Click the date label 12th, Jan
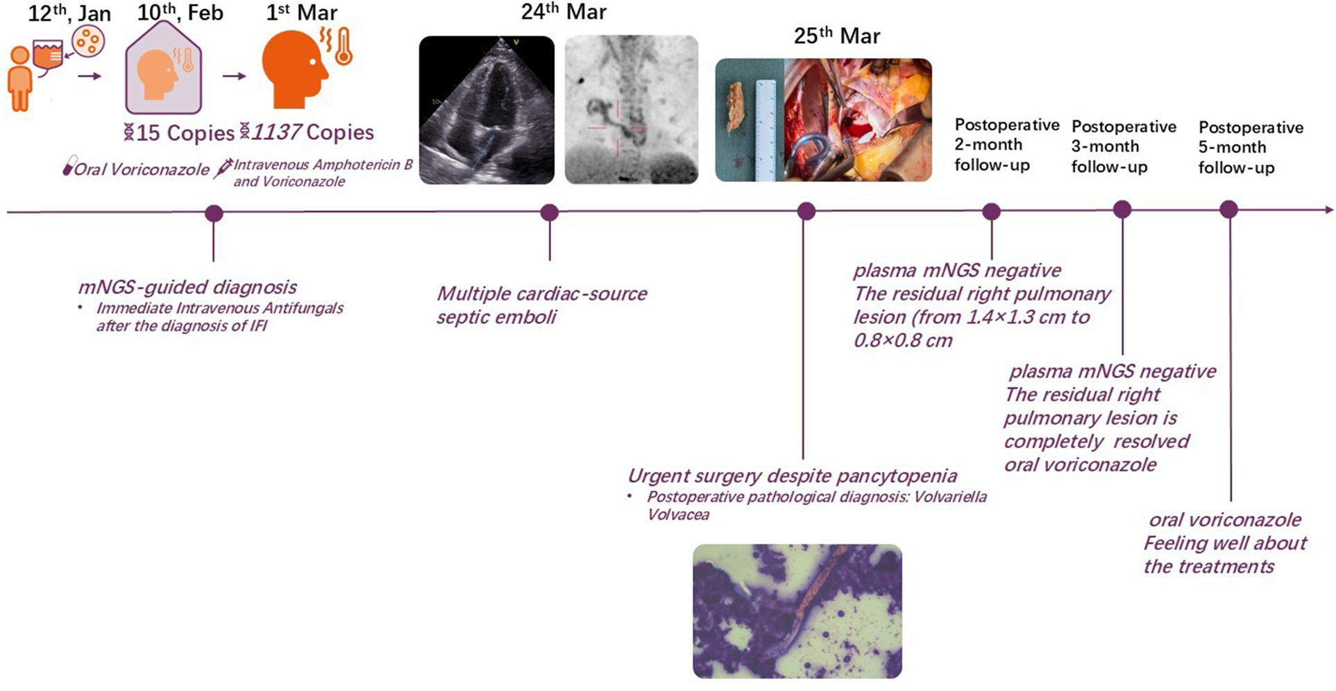(69, 14)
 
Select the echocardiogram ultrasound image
(487, 110)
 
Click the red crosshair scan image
(631, 110)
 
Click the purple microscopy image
(797, 611)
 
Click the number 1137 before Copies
(276, 132)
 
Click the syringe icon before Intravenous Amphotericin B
(223, 168)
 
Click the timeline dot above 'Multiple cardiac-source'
(549, 212)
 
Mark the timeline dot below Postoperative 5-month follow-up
(1228, 210)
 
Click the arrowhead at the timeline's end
(1327, 210)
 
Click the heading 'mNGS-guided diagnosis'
(187, 287)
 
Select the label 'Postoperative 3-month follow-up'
(1123, 146)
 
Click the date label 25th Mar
(836, 36)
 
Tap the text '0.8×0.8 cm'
(902, 341)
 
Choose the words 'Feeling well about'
(1225, 543)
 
